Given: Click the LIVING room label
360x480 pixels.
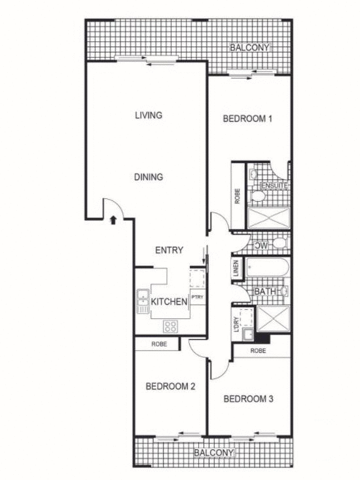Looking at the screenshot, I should (x=149, y=115).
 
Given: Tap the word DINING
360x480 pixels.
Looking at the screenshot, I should (x=149, y=177).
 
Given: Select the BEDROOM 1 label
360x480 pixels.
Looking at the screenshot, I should (x=247, y=119).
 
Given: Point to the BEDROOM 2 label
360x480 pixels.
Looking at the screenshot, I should (x=170, y=386).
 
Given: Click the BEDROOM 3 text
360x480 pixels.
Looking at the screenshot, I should (x=247, y=399).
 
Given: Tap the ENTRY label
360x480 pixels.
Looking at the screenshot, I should (x=169, y=250).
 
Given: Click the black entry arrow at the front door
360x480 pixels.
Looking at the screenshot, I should (x=113, y=220).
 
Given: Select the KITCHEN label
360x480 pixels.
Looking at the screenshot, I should (x=170, y=301).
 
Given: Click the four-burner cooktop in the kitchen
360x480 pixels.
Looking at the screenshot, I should (x=171, y=325).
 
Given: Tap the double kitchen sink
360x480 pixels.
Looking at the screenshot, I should (x=143, y=301).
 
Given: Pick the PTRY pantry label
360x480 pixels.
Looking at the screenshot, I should (x=197, y=297).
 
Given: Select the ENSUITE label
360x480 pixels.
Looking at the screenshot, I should (x=275, y=186).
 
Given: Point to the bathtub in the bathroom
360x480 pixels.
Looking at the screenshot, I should (x=268, y=268).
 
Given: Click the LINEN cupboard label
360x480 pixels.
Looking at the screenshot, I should (x=236, y=269).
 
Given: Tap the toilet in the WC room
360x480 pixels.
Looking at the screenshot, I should (x=278, y=244).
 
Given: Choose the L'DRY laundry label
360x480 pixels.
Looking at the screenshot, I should (x=236, y=325).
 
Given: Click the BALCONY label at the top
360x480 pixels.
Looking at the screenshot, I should (x=249, y=48).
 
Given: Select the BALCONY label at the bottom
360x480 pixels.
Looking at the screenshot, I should (x=213, y=452).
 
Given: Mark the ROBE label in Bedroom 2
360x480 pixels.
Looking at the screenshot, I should (x=158, y=343).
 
